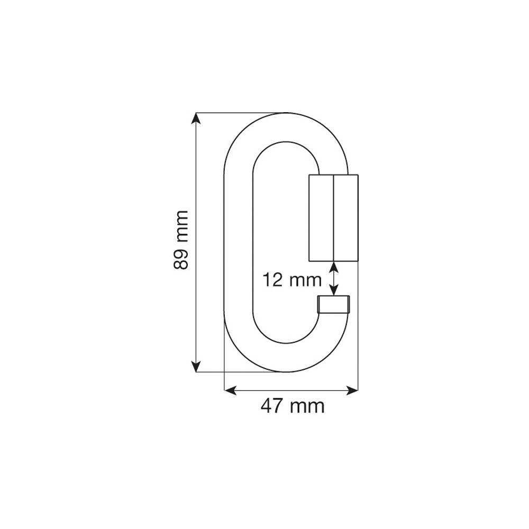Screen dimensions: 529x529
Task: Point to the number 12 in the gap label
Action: tap(272, 280)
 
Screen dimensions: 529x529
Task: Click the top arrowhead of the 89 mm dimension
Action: tap(196, 118)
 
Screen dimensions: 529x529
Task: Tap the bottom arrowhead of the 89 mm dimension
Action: tap(196, 367)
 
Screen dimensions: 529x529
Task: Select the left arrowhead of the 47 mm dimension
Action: tap(230, 391)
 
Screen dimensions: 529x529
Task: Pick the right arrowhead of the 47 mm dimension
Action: tap(352, 391)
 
